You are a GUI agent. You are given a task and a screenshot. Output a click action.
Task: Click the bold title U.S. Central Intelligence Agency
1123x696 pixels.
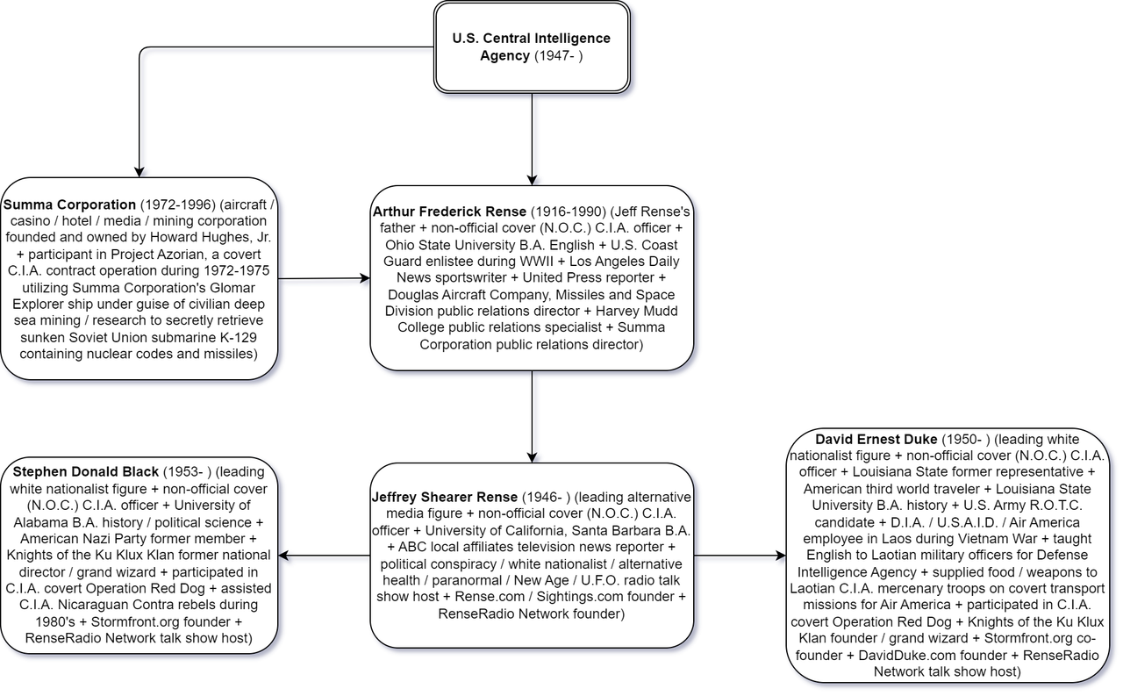click(531, 47)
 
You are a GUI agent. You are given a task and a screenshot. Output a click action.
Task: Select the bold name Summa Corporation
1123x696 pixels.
click(69, 204)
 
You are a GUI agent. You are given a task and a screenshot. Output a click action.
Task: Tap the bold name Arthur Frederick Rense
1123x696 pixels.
click(449, 212)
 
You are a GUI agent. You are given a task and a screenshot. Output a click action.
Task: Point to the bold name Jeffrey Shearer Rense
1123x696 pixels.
click(445, 497)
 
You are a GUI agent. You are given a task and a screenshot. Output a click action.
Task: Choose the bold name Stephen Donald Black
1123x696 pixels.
click(86, 472)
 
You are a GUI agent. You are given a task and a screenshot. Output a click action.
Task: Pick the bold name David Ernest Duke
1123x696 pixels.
click(876, 439)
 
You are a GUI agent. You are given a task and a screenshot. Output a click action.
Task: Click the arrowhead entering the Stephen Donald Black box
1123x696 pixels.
click(283, 556)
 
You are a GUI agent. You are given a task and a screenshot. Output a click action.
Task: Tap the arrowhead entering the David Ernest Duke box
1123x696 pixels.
click(781, 556)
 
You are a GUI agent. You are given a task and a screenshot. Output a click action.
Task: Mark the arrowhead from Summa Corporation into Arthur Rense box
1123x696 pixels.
click(366, 278)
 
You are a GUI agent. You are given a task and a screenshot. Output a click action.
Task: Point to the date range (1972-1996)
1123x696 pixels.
click(178, 204)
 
